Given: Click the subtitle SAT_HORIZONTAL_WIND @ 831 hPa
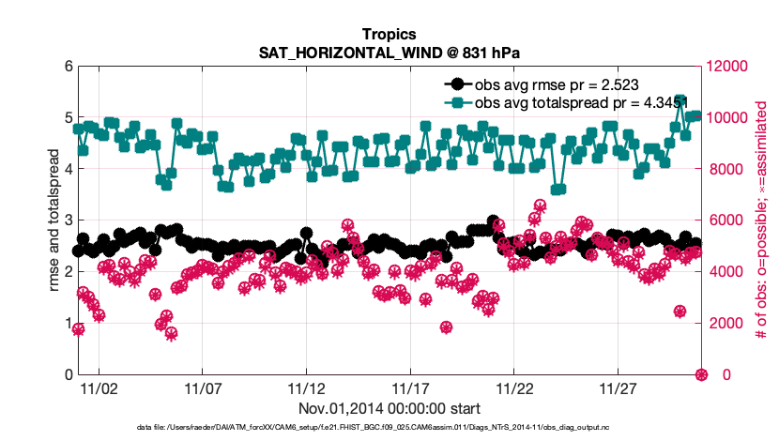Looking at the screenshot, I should click(389, 53).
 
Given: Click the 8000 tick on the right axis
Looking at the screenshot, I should click(725, 169).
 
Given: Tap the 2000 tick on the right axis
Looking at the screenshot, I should click(725, 324).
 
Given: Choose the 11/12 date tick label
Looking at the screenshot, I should click(306, 388).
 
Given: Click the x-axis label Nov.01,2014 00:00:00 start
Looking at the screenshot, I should click(389, 408).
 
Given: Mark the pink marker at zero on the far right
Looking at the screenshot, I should click(700, 374).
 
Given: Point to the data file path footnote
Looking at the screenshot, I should click(389, 428).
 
